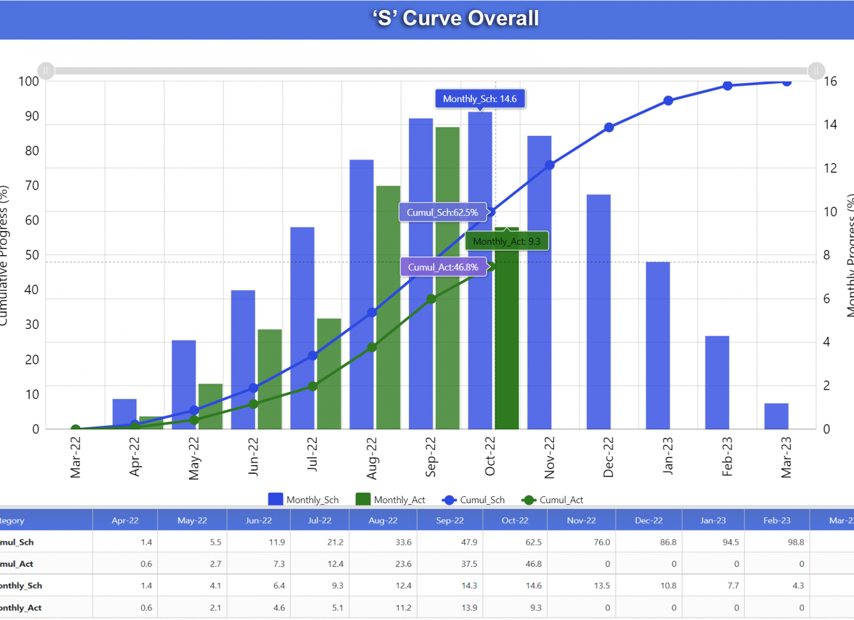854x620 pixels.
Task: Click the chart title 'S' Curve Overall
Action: [456, 18]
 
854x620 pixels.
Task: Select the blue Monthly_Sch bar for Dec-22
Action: [598, 311]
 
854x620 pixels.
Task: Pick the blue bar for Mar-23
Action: [776, 416]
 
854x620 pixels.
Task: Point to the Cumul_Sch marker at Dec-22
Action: [609, 127]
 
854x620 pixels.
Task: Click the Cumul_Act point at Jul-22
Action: [312, 386]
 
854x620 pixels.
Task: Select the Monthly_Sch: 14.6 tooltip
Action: [479, 99]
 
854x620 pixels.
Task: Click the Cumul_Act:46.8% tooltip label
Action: [443, 267]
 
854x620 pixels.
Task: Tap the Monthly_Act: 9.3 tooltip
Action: [506, 241]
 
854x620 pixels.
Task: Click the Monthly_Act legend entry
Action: [390, 500]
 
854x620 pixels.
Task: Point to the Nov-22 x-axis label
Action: [549, 457]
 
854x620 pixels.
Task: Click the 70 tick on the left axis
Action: [32, 186]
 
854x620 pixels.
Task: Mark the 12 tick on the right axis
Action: [830, 168]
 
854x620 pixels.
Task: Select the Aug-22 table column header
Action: [383, 520]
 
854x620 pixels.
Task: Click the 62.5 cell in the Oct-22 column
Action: [533, 542]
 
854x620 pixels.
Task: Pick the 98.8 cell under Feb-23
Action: [795, 542]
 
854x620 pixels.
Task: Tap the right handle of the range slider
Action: [816, 71]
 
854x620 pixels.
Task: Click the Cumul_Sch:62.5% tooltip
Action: [442, 212]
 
